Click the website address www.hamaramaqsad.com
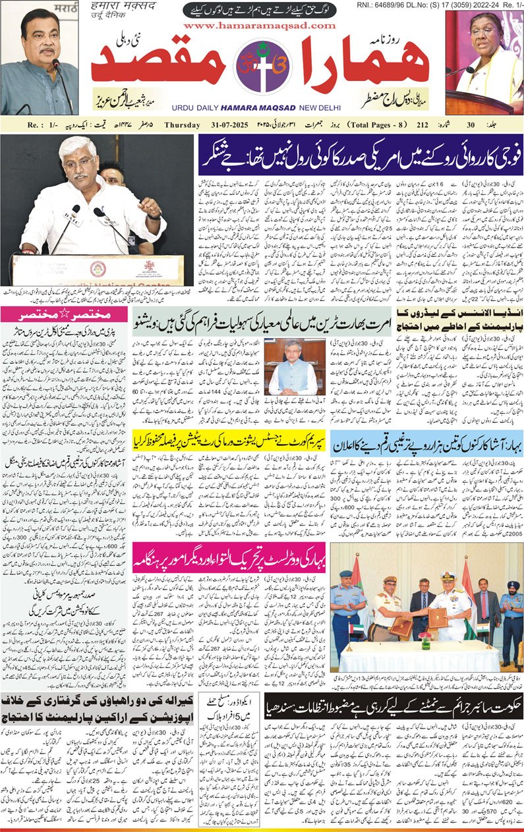260,26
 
